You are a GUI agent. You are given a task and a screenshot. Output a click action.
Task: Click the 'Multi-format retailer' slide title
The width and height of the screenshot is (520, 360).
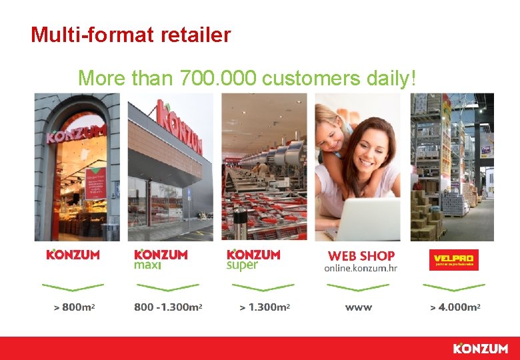(131, 34)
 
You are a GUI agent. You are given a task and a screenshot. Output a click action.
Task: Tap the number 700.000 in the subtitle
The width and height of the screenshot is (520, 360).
(218, 79)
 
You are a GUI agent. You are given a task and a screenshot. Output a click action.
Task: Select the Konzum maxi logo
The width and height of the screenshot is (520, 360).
(161, 259)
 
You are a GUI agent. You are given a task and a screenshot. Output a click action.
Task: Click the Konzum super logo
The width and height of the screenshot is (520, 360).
(253, 259)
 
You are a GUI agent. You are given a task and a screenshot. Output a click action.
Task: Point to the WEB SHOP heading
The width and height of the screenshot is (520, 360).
(361, 256)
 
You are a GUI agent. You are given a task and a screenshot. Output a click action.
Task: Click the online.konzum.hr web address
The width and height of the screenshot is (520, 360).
(361, 268)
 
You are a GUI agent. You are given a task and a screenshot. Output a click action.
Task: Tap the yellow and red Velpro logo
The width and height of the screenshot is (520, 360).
(453, 259)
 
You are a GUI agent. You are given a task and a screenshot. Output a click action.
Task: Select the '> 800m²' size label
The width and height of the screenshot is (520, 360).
(73, 308)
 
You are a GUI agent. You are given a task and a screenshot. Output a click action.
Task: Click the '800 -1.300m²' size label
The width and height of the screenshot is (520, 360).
(168, 308)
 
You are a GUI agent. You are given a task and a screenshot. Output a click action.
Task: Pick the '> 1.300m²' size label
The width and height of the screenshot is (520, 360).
(265, 308)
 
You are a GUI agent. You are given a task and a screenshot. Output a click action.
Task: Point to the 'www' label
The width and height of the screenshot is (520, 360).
(359, 308)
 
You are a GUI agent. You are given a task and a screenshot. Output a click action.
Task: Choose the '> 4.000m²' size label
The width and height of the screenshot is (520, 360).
(455, 308)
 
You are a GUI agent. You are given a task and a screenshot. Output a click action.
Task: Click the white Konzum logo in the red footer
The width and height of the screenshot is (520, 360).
(480, 349)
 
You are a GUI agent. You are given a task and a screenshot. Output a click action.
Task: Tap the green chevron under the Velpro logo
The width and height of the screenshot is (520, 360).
(453, 287)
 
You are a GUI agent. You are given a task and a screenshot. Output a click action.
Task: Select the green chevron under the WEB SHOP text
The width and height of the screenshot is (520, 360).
(359, 287)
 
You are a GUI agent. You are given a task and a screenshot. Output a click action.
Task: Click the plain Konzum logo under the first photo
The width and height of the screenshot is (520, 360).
(73, 255)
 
